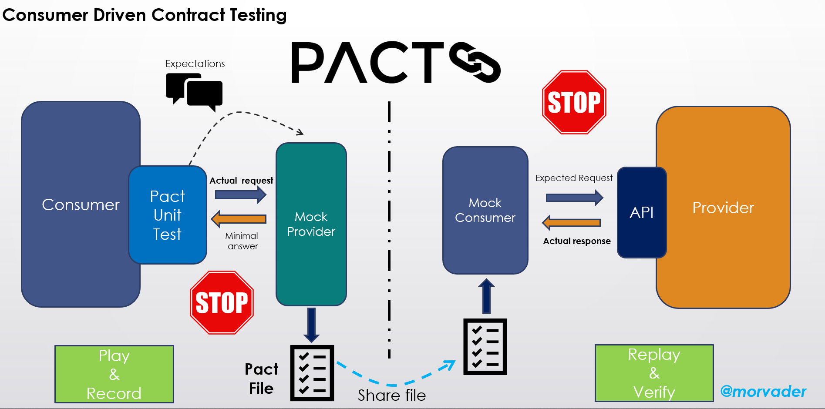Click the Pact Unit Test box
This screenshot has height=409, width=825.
click(168, 215)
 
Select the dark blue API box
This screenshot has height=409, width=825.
click(641, 212)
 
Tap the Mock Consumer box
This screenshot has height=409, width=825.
click(485, 210)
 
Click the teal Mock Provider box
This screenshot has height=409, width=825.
click(311, 224)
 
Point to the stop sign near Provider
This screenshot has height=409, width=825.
click(574, 102)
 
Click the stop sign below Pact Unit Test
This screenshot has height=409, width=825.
click(222, 302)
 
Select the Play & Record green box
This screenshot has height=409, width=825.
click(114, 374)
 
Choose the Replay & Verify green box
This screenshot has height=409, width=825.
click(654, 373)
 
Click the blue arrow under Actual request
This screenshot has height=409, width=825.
click(241, 194)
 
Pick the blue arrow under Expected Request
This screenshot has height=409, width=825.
click(574, 198)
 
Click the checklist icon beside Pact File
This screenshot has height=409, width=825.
click(312, 373)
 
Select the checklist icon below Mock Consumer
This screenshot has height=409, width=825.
click(485, 347)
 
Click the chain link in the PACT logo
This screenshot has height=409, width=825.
click(475, 62)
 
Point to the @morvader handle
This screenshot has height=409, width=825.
click(763, 391)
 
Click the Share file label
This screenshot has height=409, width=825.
click(391, 395)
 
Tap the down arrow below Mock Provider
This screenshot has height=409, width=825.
click(311, 325)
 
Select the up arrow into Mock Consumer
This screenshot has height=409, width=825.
click(486, 296)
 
